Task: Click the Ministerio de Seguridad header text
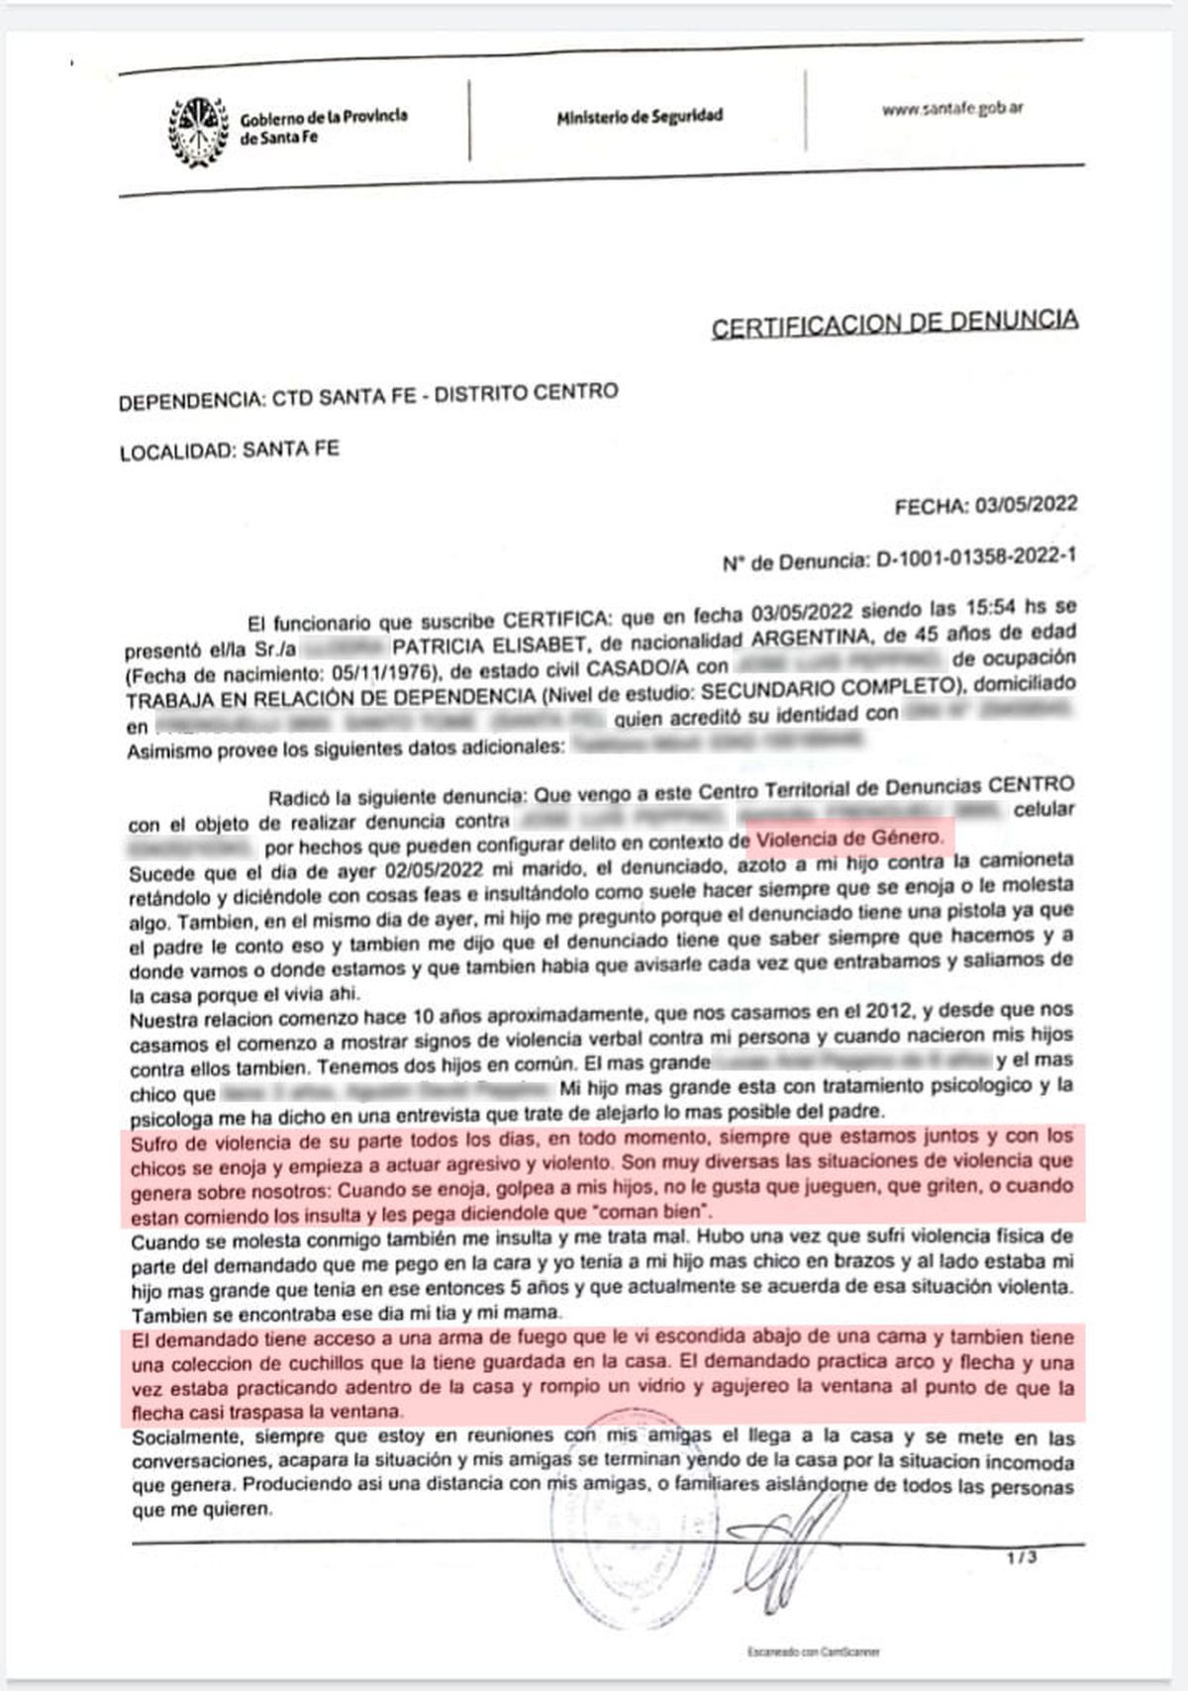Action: pos(640,117)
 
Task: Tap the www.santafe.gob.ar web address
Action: pos(951,109)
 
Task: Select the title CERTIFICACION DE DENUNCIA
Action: pos(895,322)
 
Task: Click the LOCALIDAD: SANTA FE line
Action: pos(229,450)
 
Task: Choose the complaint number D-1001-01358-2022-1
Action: pos(975,559)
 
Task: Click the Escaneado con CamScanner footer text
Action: pos(813,1651)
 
